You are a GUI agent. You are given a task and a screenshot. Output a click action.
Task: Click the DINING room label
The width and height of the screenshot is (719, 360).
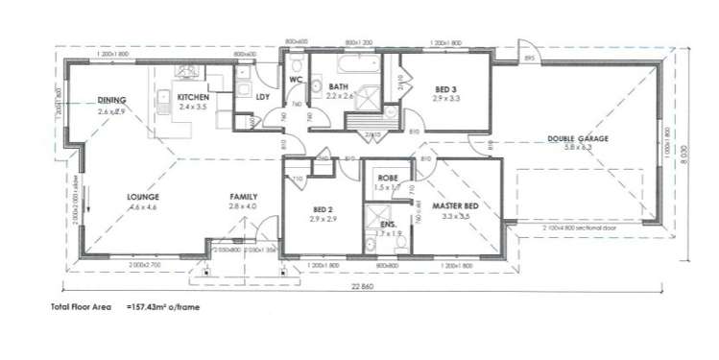[112, 101]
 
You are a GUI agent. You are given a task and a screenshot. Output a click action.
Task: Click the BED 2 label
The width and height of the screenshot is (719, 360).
[322, 209]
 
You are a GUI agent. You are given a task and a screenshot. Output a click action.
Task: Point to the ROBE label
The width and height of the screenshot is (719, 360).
[387, 178]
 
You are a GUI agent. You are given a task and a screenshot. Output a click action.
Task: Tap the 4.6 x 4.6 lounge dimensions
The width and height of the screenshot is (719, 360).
[142, 206]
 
